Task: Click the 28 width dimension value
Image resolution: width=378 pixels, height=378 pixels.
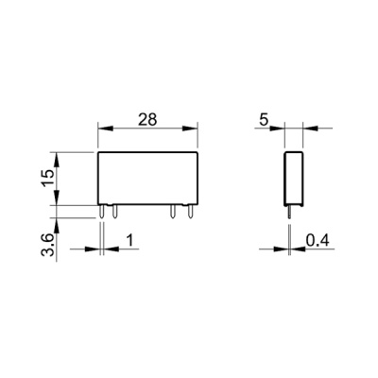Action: pyautogui.click(x=147, y=120)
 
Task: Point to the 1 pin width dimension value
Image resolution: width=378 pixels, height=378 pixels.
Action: pyautogui.click(x=128, y=242)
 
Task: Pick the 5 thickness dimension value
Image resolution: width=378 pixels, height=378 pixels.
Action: pyautogui.click(x=265, y=120)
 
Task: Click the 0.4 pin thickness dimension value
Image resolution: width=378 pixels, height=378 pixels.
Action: pyautogui.click(x=318, y=242)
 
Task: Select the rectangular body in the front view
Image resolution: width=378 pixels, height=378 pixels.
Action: pyautogui.click(x=147, y=179)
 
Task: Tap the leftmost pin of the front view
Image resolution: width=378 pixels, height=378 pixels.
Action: pyautogui.click(x=101, y=213)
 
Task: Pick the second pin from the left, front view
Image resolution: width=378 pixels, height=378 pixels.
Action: pyautogui.click(x=113, y=213)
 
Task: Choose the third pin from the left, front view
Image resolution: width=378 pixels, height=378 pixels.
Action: pyautogui.click(x=173, y=213)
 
